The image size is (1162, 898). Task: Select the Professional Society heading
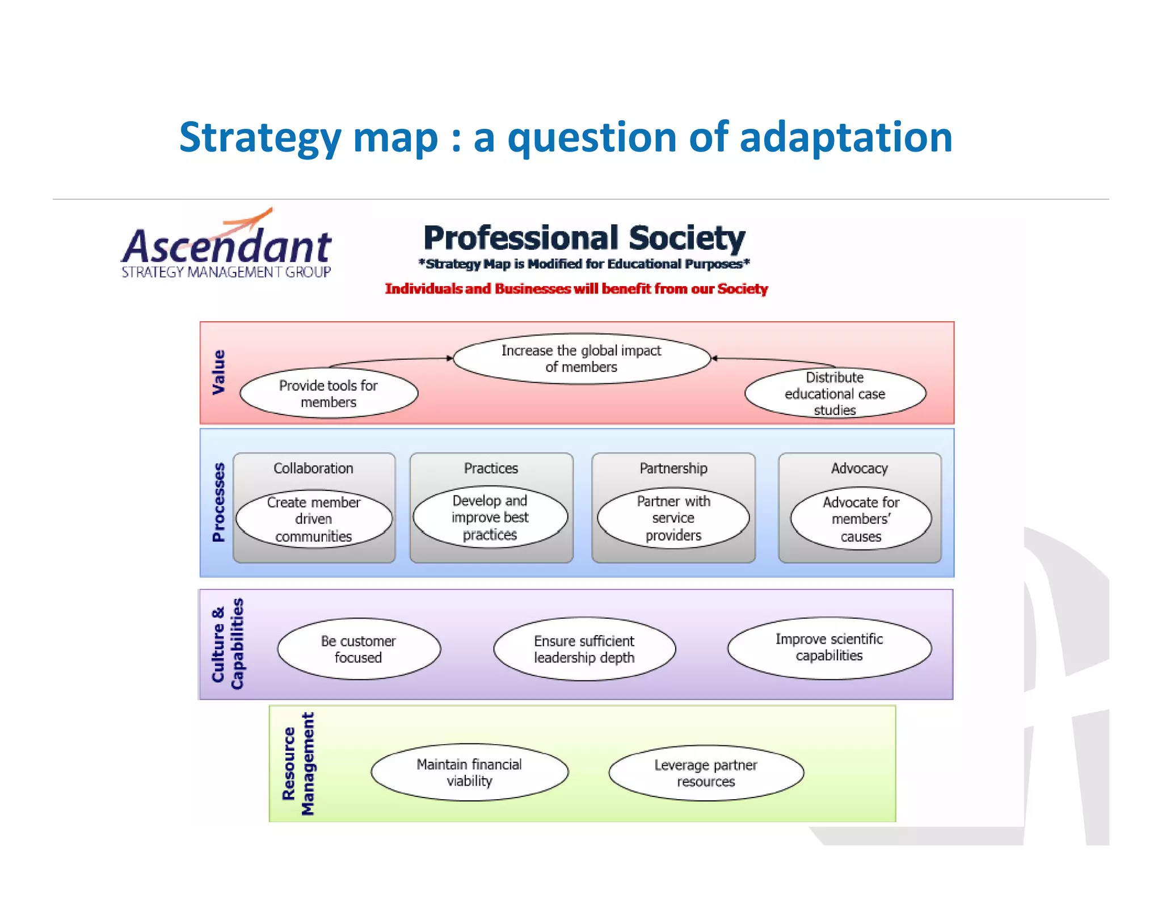[584, 238]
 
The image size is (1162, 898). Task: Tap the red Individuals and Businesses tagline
[576, 289]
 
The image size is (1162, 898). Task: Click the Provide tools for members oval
[329, 393]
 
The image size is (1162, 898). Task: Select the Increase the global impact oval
[581, 359]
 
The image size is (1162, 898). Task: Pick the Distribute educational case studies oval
[835, 393]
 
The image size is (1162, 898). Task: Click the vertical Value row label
[218, 372]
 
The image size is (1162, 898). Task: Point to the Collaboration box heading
[313, 468]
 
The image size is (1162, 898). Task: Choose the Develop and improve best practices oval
[490, 517]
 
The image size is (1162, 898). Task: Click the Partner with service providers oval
[673, 518]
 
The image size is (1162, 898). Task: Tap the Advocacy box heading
[859, 468]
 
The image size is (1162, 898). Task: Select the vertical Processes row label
[218, 502]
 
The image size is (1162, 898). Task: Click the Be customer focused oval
[358, 649]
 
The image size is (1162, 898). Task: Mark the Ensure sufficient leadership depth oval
[584, 649]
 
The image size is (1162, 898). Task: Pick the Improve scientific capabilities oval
[829, 648]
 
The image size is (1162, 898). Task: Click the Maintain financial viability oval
[469, 773]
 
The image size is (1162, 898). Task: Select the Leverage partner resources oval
[706, 773]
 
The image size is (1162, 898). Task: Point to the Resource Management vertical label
[298, 763]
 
